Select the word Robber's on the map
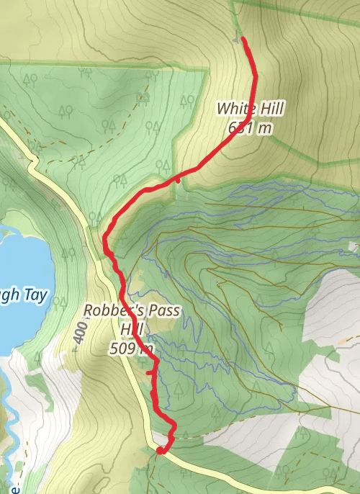click(111, 310)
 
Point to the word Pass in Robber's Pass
click(163, 310)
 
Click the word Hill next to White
click(270, 109)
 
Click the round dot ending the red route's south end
click(160, 452)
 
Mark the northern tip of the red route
click(243, 39)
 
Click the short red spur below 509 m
click(149, 374)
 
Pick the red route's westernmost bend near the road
click(107, 238)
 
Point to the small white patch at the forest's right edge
click(353, 247)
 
